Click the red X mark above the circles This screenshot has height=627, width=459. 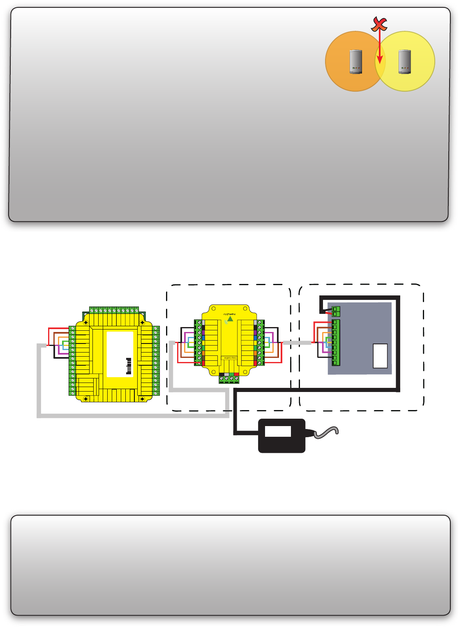pos(379,24)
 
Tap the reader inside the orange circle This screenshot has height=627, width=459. pos(355,62)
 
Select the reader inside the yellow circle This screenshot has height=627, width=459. pos(405,62)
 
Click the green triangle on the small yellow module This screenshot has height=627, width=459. pos(230,318)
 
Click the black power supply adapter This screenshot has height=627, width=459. pos(281,436)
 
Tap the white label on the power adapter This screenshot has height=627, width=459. pos(278,431)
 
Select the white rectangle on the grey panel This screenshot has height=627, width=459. pos(380,356)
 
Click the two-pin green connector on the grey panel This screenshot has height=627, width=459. pos(336,311)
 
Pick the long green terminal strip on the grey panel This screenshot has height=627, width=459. pos(336,342)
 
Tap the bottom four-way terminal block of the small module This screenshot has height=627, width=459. pos(229,378)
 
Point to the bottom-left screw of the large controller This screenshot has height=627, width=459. pos(85,399)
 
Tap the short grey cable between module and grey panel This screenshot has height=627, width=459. pos(297,342)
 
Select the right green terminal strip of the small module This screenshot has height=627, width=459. pos(259,343)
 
